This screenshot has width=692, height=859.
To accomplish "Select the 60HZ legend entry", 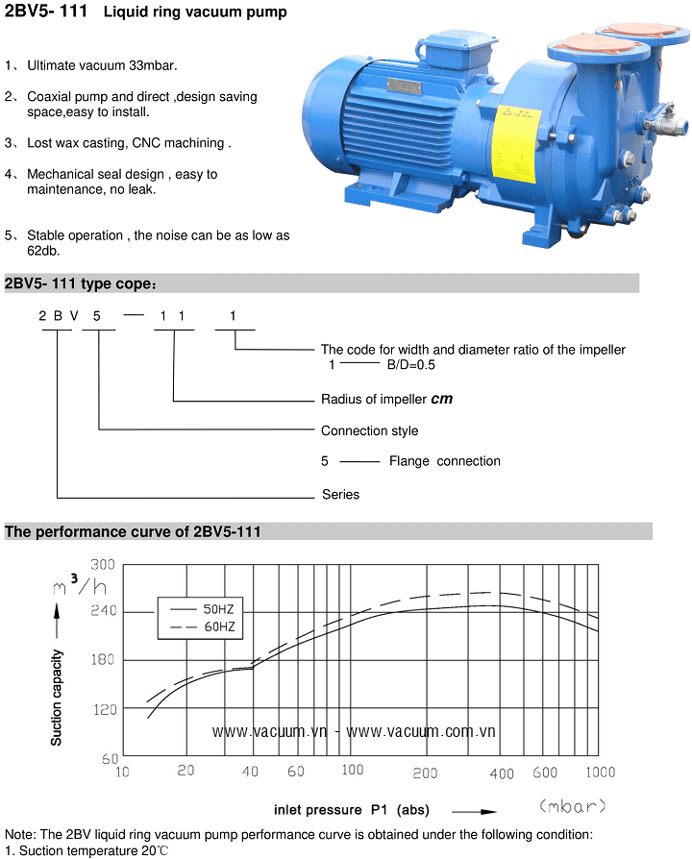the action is [202, 626].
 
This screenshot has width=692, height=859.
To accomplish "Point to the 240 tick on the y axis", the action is [104, 610].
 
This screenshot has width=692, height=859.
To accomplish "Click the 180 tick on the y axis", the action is [103, 659].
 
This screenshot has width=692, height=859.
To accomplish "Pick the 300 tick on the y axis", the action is [103, 564].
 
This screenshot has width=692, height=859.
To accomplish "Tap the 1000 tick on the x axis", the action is [601, 773].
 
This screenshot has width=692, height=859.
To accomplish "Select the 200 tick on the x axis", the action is [425, 773].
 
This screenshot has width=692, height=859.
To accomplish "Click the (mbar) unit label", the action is [573, 806].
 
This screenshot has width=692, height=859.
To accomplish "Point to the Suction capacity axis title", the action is [57, 698].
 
